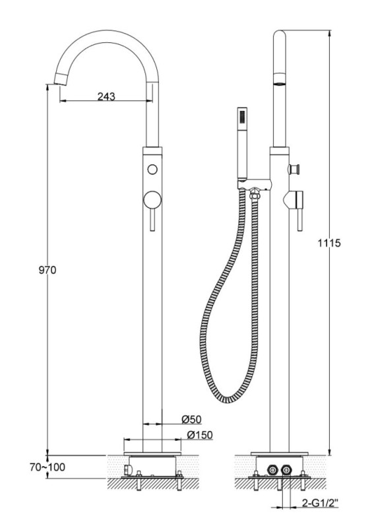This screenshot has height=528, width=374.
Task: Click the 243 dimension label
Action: tap(106, 96)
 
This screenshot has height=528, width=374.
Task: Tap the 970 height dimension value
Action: tap(47, 270)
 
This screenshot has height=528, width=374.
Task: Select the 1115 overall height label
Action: tap(329, 243)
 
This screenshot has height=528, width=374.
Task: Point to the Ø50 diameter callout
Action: tap(191, 419)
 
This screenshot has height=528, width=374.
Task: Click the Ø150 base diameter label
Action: tap(200, 435)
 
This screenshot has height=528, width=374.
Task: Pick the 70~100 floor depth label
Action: tap(47, 467)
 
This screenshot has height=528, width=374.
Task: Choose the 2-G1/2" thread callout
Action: tap(319, 504)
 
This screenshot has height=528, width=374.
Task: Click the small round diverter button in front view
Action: tap(152, 169)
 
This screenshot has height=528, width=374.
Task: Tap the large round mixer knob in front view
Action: tap(152, 200)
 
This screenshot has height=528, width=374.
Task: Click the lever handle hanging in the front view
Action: tap(152, 220)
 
